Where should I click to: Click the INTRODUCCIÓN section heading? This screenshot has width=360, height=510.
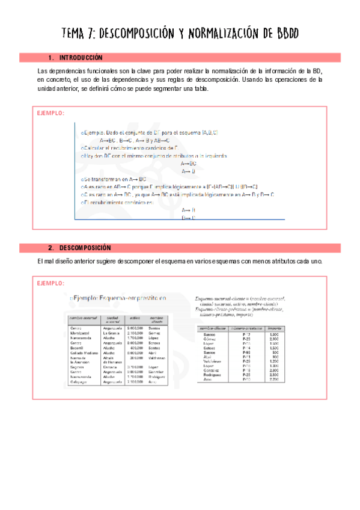coord(81,58)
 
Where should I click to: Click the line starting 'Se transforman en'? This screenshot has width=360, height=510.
coord(114,179)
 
